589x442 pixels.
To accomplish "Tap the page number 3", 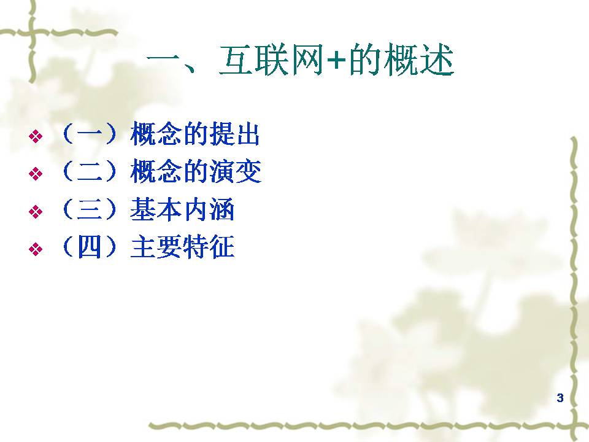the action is [560, 398].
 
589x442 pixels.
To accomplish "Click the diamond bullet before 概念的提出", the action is [36, 136].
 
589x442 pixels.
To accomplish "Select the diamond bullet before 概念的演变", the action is [36, 173].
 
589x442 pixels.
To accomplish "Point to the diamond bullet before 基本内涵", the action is [36, 211].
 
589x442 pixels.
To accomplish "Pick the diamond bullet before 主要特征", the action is [36, 249].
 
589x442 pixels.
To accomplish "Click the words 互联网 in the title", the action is [271, 60].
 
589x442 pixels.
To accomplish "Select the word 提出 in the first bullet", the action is [235, 134].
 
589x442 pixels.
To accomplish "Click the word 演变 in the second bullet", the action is [235, 171].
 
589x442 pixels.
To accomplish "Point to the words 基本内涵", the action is [182, 209].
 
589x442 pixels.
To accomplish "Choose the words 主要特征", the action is [183, 247].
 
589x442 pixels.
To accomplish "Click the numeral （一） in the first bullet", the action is [90, 134].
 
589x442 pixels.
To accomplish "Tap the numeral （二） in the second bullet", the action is [90, 171].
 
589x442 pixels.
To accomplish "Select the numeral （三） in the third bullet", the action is [90, 209].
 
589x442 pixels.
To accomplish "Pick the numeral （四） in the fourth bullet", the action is [90, 247].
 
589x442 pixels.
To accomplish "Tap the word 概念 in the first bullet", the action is [156, 134].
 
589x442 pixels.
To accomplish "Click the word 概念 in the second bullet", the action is [156, 171].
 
